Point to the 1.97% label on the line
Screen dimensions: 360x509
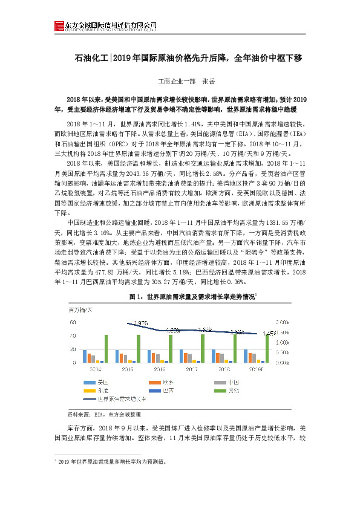[140, 323]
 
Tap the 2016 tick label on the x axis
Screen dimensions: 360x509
[160, 368]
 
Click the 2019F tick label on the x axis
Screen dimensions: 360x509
[256, 368]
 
